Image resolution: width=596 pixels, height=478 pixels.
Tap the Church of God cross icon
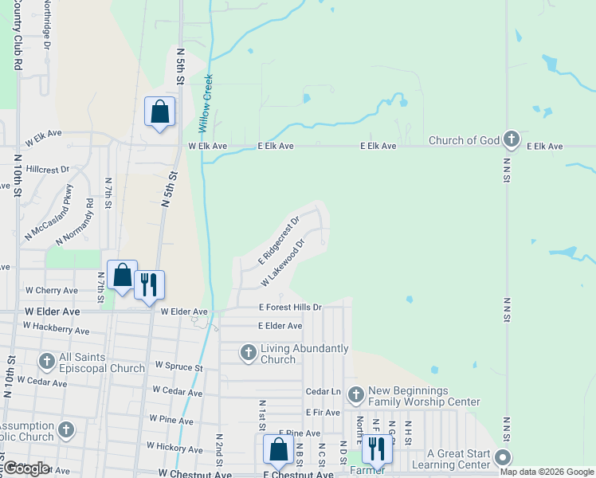pos(512,141)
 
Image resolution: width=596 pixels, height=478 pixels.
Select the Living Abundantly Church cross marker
pos(249,352)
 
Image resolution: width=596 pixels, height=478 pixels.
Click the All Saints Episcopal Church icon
pos(46,362)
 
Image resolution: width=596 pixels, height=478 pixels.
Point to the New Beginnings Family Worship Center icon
pos(355,394)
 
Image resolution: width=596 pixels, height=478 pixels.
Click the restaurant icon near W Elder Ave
pos(149,284)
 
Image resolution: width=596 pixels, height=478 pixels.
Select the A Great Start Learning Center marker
pos(503,458)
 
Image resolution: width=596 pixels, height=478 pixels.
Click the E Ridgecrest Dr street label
pos(279,241)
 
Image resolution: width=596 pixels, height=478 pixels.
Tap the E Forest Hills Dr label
pos(290,307)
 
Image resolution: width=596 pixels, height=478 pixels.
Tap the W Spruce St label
pos(179,367)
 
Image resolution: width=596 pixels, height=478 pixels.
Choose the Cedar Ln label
pos(323,392)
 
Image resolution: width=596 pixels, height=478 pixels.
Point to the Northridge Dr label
pos(47,26)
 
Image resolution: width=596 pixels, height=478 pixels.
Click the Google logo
pos(25,468)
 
